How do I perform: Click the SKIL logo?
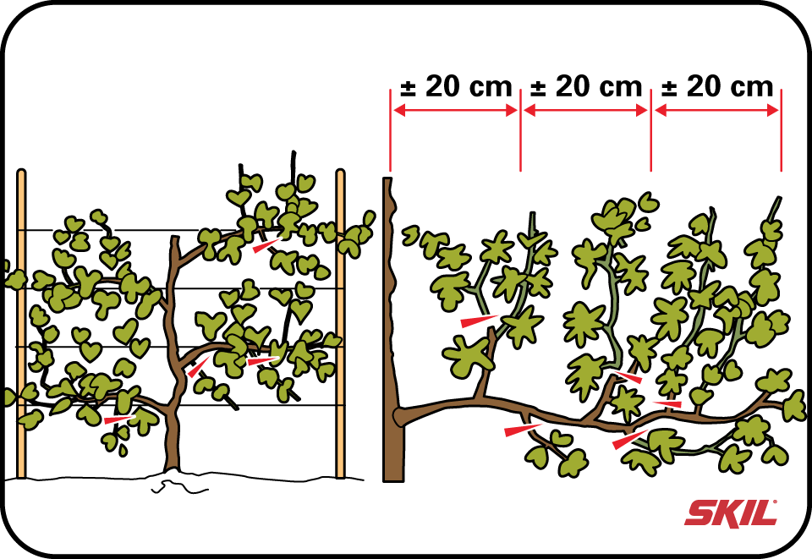[x=731, y=512]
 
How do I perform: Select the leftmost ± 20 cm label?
[x=456, y=86]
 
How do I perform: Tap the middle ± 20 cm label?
[x=586, y=86]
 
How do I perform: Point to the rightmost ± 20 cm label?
[x=717, y=86]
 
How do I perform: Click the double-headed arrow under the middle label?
[x=585, y=110]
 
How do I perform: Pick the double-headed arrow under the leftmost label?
[x=455, y=110]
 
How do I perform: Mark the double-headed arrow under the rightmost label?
[x=716, y=110]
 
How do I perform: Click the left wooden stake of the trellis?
[x=21, y=324]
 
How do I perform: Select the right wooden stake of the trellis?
[x=340, y=324]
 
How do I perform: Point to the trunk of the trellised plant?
[x=174, y=357]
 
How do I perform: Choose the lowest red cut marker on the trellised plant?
[x=119, y=419]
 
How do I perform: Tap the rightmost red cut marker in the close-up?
[x=667, y=403]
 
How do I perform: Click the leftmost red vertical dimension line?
[x=390, y=130]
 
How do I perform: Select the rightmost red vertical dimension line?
[x=781, y=130]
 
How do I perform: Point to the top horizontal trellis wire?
[x=181, y=230]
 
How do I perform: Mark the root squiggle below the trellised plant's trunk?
[x=178, y=486]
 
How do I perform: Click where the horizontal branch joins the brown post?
[x=399, y=415]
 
